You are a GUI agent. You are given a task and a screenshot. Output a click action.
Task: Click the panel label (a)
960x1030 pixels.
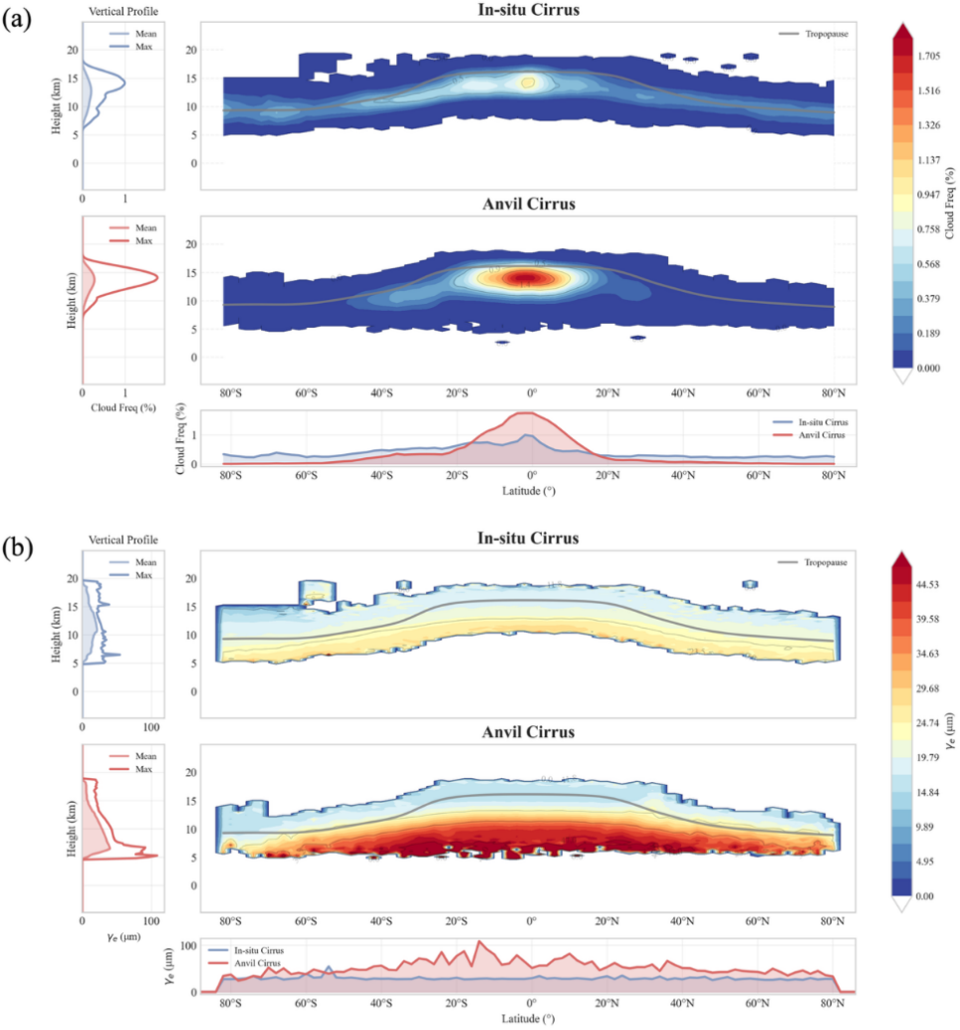[x=22, y=21]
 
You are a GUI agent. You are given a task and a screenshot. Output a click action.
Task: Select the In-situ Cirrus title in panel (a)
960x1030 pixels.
[x=529, y=11]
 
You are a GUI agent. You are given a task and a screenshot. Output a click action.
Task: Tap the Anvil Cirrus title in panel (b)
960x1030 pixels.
[x=528, y=732]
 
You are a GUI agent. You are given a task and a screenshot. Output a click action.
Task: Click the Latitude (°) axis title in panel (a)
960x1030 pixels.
[x=528, y=490]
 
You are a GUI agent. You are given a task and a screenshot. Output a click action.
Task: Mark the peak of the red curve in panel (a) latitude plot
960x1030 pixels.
[x=527, y=412]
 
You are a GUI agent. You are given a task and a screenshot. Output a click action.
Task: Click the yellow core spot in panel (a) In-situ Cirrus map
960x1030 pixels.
[x=528, y=83]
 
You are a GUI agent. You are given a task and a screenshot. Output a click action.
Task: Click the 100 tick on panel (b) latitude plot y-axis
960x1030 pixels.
[x=191, y=943]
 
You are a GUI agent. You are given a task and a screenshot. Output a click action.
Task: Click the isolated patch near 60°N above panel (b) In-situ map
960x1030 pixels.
[x=749, y=584]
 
